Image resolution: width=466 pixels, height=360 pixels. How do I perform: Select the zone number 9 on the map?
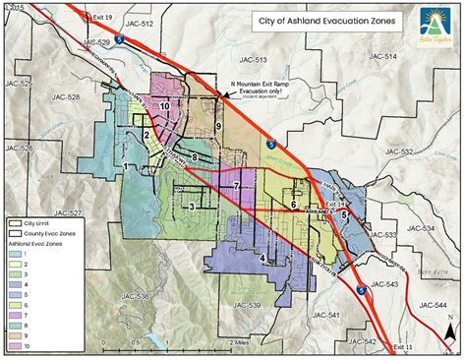(x=217, y=127)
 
